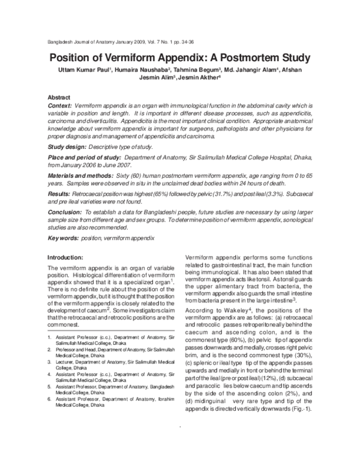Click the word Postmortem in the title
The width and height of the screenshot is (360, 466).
pos(236,58)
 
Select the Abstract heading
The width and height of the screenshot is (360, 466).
pos(59,97)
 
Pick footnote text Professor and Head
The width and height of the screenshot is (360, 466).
pos(81,348)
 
